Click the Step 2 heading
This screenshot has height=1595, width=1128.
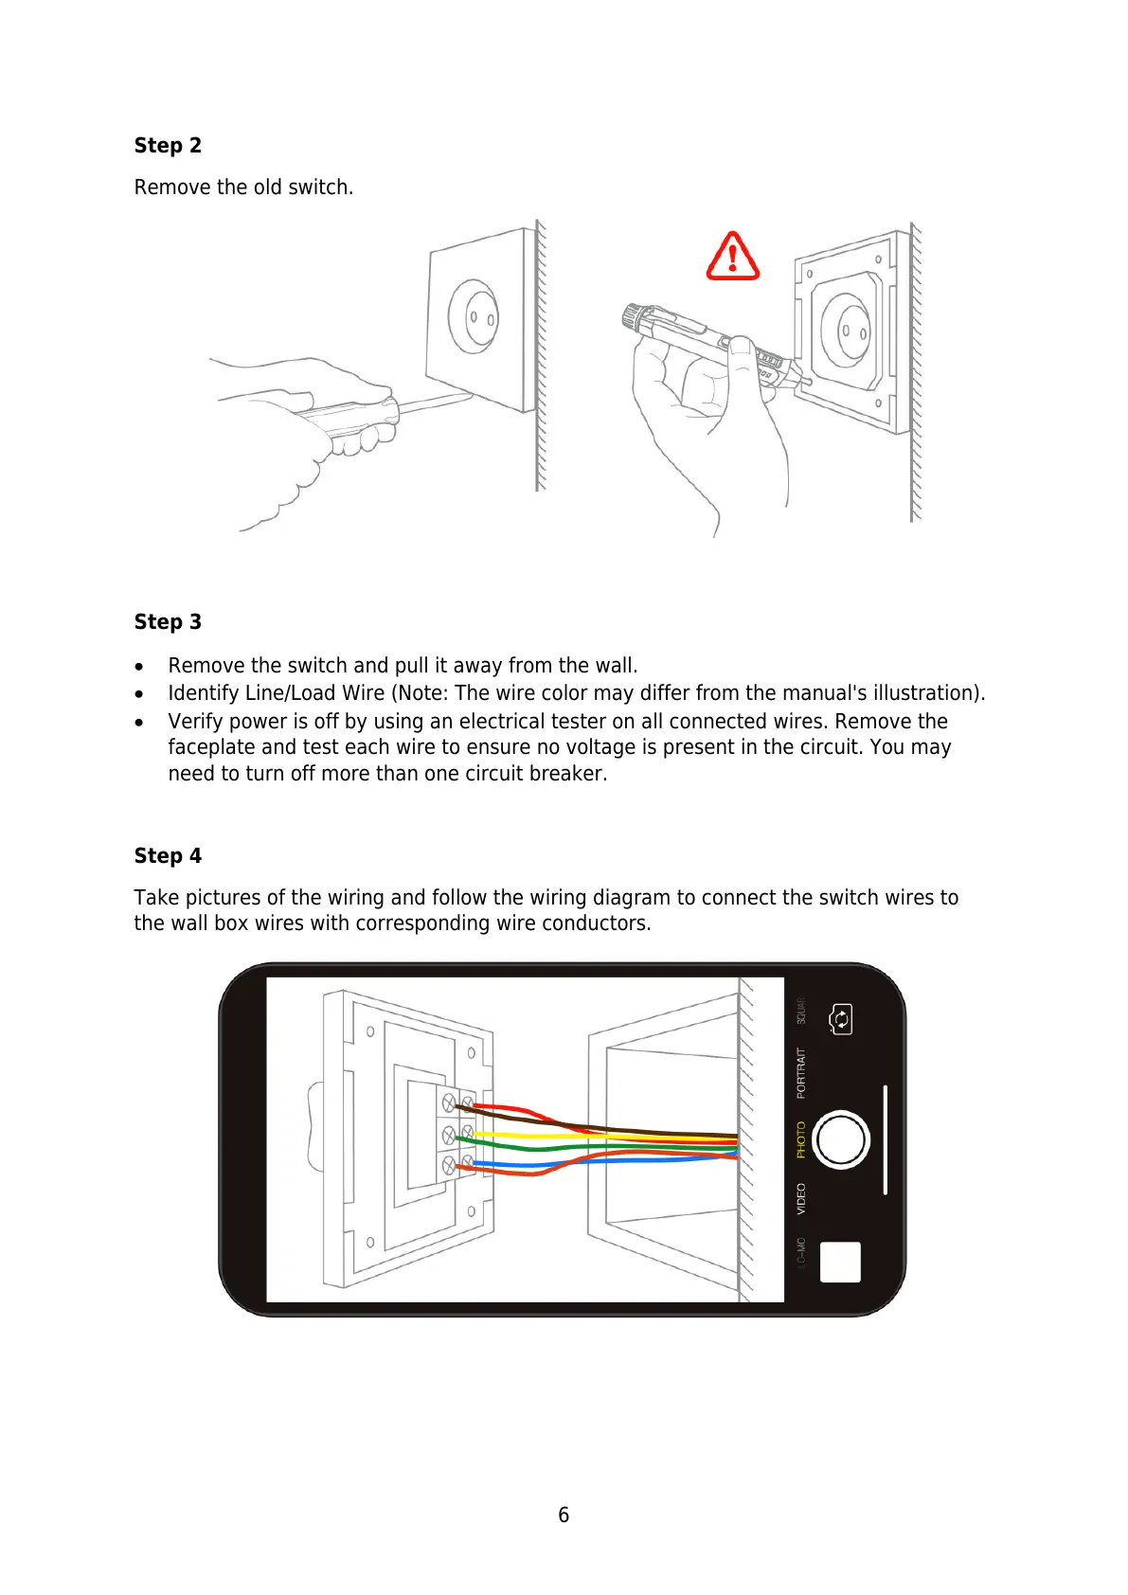[x=168, y=145]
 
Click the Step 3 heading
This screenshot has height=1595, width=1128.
[x=168, y=621]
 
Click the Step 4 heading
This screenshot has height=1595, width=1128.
[x=168, y=855]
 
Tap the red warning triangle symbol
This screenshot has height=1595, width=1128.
[x=732, y=257]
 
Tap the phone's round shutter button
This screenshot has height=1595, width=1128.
[x=841, y=1139]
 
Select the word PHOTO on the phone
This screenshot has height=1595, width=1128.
[x=800, y=1139]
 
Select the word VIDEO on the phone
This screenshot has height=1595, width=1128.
[x=800, y=1198]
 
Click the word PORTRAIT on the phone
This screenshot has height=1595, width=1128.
[x=800, y=1072]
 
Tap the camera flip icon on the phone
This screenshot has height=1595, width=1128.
[x=840, y=1019]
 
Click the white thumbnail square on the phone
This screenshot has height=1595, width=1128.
[x=840, y=1262]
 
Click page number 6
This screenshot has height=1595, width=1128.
[x=564, y=1514]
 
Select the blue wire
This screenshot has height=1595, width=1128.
[x=530, y=1163]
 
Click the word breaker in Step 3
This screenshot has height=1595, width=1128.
[x=568, y=773]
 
